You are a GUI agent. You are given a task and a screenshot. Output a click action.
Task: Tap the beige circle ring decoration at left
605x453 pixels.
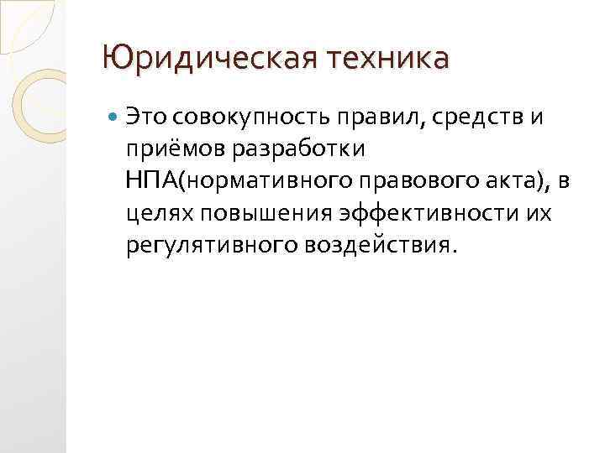[x=42, y=102]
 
